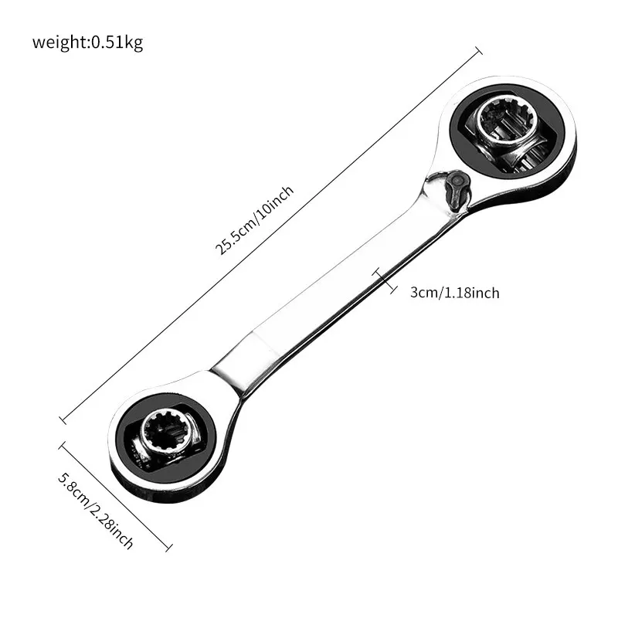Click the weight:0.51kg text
tap(87, 42)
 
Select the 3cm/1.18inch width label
tap(454, 293)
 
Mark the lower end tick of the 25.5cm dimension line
tap(63, 420)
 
